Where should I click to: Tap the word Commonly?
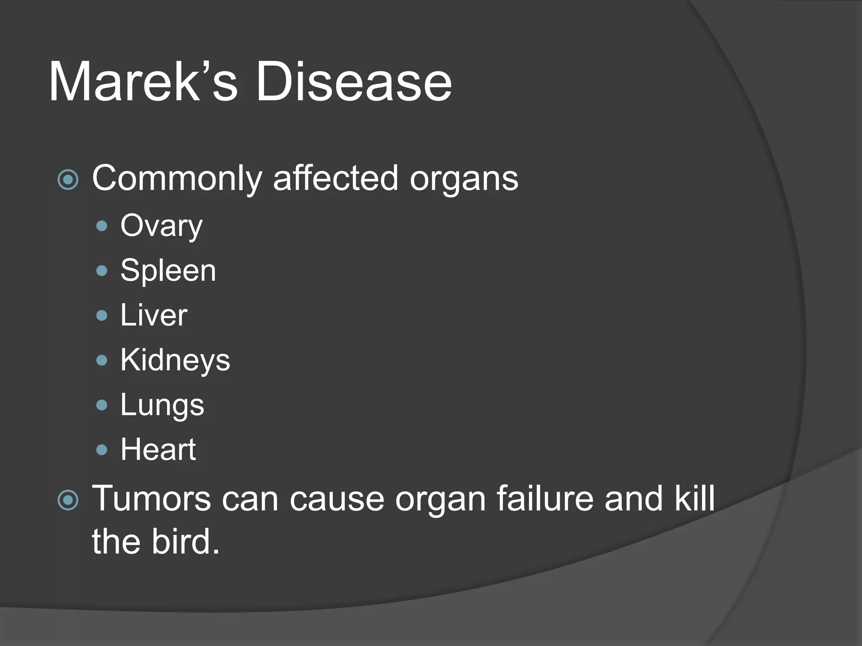tap(177, 179)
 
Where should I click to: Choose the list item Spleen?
tap(168, 271)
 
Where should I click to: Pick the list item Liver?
tap(154, 315)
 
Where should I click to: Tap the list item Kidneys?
tap(175, 360)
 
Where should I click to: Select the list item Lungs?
tap(162, 405)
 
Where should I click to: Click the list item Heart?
tap(158, 450)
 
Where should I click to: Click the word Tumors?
tap(151, 499)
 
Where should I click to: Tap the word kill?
tap(695, 499)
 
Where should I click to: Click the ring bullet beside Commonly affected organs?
tap(68, 180)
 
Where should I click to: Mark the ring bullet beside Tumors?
tap(68, 500)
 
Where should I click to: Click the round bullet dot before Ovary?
tap(102, 227)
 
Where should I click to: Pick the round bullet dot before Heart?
tap(102, 450)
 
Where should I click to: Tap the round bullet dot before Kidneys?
tap(102, 360)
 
